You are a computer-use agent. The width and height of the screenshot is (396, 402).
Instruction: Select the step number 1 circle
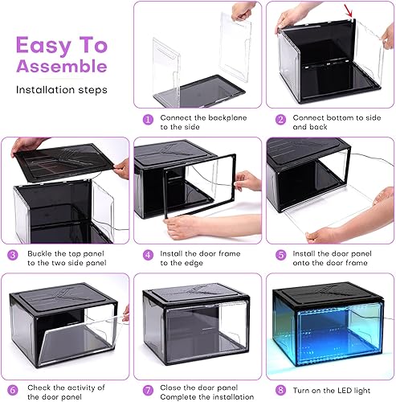148,120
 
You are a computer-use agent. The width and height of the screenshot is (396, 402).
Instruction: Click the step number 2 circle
281,120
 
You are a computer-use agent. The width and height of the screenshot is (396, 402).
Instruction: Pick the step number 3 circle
14,255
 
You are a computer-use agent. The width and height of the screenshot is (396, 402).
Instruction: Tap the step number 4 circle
148,255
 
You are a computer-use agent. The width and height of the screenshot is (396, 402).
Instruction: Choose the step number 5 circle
281,255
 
